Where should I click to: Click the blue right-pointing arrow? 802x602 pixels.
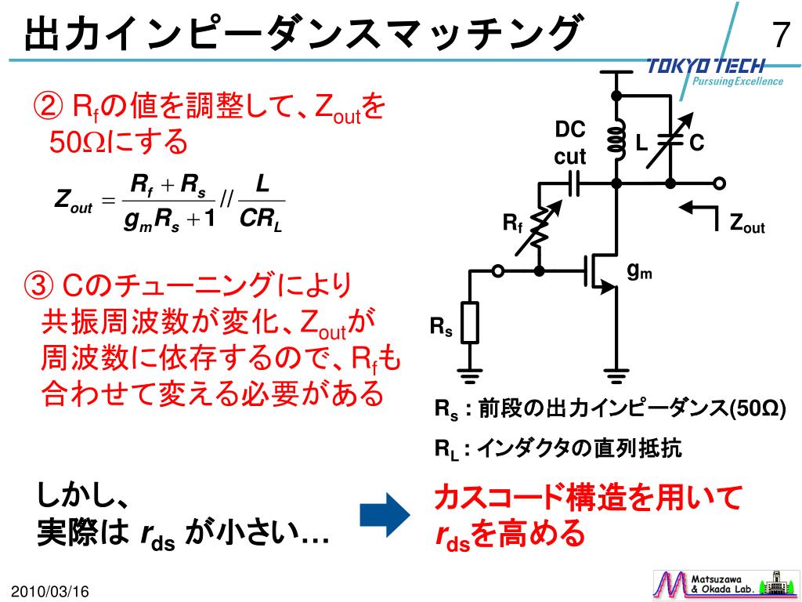pyautogui.click(x=384, y=515)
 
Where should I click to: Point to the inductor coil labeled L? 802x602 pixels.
pyautogui.click(x=616, y=140)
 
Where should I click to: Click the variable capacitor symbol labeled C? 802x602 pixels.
pyautogui.click(x=670, y=140)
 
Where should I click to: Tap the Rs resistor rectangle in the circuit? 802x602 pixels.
pyautogui.click(x=469, y=322)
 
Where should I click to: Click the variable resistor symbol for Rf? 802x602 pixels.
pyautogui.click(x=539, y=227)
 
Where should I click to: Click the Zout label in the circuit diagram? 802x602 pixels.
pyautogui.click(x=746, y=225)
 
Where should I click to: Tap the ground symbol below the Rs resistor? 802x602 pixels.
pyautogui.click(x=469, y=375)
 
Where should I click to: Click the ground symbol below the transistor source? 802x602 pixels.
pyautogui.click(x=616, y=375)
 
